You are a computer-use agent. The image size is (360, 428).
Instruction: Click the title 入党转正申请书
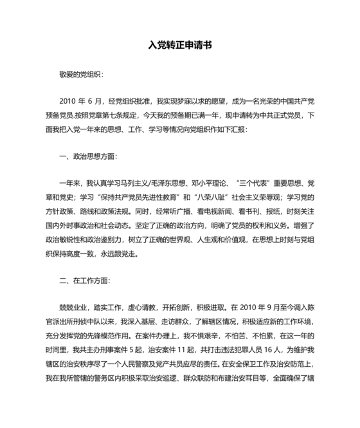click(180, 46)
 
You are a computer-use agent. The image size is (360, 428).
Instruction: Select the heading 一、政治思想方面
click(88, 156)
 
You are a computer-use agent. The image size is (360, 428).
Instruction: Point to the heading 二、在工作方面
click(84, 281)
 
